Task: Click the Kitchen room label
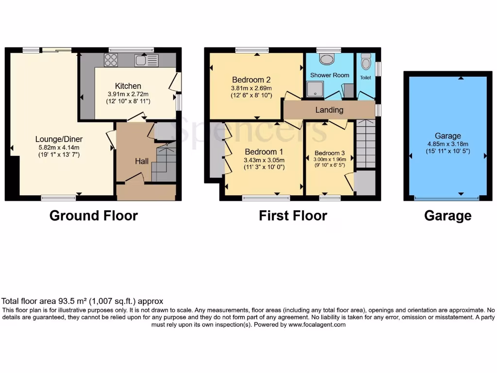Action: pyautogui.click(x=128, y=86)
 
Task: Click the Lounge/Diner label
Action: pyautogui.click(x=58, y=139)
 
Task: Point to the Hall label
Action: pyautogui.click(x=142, y=161)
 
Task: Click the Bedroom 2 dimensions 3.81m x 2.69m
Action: pyautogui.click(x=251, y=88)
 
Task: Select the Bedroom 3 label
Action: pyautogui.click(x=330, y=152)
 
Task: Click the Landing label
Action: pyautogui.click(x=329, y=110)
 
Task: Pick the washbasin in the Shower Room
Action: pyautogui.click(x=328, y=59)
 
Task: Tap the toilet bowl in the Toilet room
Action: pyautogui.click(x=365, y=63)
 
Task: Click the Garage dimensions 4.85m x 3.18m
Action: pyautogui.click(x=447, y=144)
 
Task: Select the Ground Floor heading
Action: pyautogui.click(x=94, y=216)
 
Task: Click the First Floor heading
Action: pyautogui.click(x=293, y=216)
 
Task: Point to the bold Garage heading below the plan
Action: pyautogui.click(x=447, y=216)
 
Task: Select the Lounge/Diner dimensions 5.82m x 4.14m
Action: pyautogui.click(x=58, y=148)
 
